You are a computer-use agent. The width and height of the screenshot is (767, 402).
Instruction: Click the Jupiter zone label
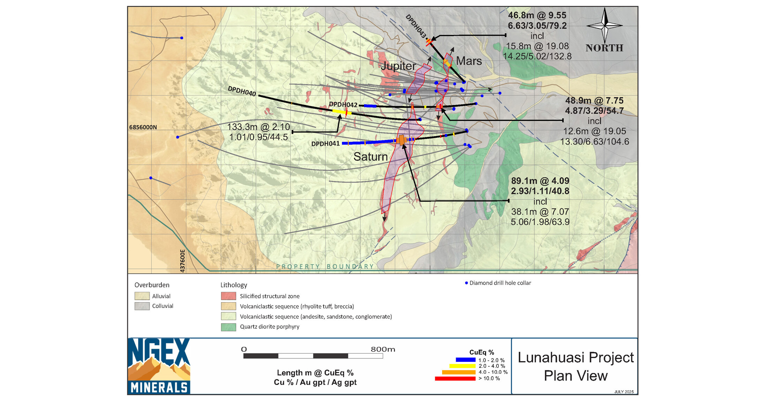tap(398, 66)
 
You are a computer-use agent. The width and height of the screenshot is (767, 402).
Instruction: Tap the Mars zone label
tap(469, 61)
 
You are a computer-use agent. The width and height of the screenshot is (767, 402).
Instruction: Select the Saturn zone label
tap(370, 157)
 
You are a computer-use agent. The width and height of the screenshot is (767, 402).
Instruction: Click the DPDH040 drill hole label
tap(242, 91)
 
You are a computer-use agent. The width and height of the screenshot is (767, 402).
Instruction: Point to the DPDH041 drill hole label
tap(325, 144)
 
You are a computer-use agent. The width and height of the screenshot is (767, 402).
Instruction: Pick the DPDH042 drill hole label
tap(343, 105)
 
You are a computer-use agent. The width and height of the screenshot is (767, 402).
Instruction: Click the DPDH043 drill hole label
tap(416, 26)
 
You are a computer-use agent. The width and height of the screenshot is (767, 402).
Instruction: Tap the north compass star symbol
tap(605, 25)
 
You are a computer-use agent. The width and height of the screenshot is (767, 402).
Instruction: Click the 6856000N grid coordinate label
tap(143, 127)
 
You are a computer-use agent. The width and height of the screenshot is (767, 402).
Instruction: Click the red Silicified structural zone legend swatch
tap(228, 296)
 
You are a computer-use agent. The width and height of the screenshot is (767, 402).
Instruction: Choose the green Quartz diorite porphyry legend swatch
tap(228, 327)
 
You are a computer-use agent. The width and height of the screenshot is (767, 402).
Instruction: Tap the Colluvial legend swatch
tap(142, 306)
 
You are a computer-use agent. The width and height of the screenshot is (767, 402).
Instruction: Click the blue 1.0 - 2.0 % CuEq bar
tap(465, 360)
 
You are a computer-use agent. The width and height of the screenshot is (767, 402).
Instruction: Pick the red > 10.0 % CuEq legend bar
tap(455, 379)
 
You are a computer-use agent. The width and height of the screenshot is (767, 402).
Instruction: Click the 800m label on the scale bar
tap(383, 349)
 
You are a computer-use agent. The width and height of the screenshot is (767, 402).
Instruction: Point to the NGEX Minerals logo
tap(159, 366)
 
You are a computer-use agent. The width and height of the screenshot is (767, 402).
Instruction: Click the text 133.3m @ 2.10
tap(258, 127)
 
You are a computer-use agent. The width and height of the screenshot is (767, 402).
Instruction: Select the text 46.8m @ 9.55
tap(537, 15)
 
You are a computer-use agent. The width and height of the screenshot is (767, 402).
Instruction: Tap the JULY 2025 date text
tap(624, 392)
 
